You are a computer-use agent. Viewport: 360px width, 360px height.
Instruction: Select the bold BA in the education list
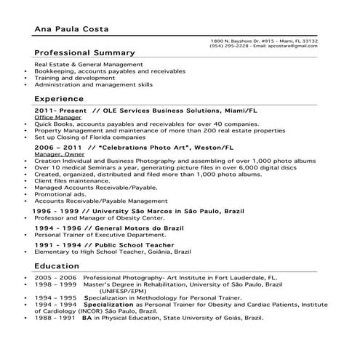tap(87, 318)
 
